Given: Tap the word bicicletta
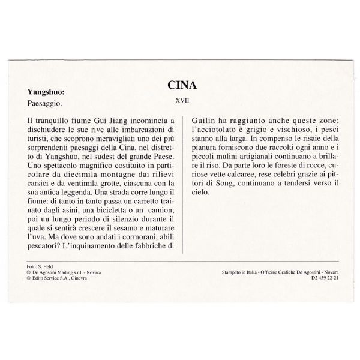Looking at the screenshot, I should [105, 208].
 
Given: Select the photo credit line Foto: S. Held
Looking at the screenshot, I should [40, 265].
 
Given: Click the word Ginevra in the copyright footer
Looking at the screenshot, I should [79, 277].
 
